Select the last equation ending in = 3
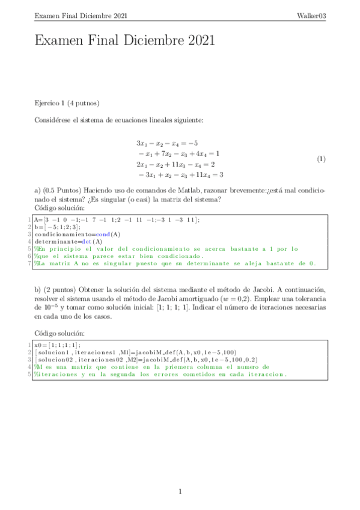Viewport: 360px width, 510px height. tap(180, 174)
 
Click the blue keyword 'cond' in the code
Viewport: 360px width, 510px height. tap(105, 234)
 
